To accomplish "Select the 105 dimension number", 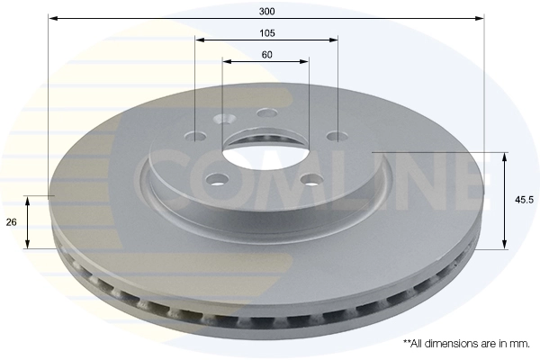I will pos(266,32).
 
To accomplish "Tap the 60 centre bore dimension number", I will pos(266,55).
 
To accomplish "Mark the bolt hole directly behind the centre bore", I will pos(265,112).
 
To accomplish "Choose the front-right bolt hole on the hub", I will pos(310,178).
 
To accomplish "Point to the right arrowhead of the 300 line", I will pos(481,18).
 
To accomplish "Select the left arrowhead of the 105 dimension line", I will pos(200,40).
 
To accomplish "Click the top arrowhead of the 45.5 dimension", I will pos(504,157).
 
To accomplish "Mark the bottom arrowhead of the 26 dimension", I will pos(30,244).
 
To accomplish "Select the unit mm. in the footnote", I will pos(519,344).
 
